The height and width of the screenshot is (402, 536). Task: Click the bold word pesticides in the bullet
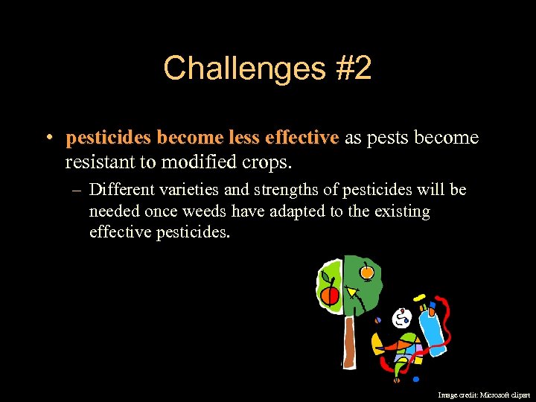click(x=109, y=138)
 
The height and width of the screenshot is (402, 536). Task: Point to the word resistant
click(x=101, y=161)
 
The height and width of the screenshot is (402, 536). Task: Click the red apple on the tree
click(x=329, y=296)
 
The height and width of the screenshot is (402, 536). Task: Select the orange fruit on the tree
click(x=366, y=272)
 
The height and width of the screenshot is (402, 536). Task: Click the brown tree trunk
click(x=348, y=342)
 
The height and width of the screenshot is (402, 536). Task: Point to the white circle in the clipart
click(x=402, y=319)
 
